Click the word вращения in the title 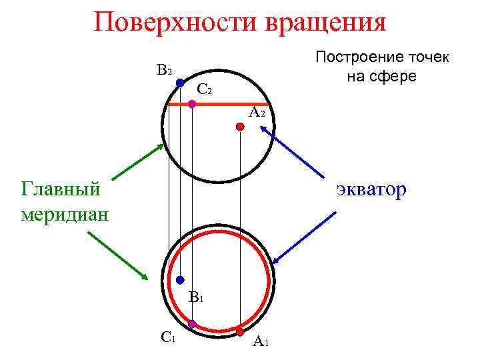[x=326, y=22]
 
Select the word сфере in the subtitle [x=393, y=76]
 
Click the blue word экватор [x=370, y=190]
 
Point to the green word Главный [x=61, y=189]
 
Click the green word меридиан [x=65, y=215]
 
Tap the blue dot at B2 [x=180, y=83]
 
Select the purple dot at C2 [x=192, y=103]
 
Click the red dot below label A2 [x=240, y=126]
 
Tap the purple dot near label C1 [x=192, y=324]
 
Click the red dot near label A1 [x=240, y=330]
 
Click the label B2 [x=165, y=70]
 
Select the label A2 [x=257, y=113]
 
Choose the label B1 [x=195, y=297]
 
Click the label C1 [x=168, y=337]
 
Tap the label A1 [x=260, y=343]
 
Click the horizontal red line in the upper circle [x=220, y=105]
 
